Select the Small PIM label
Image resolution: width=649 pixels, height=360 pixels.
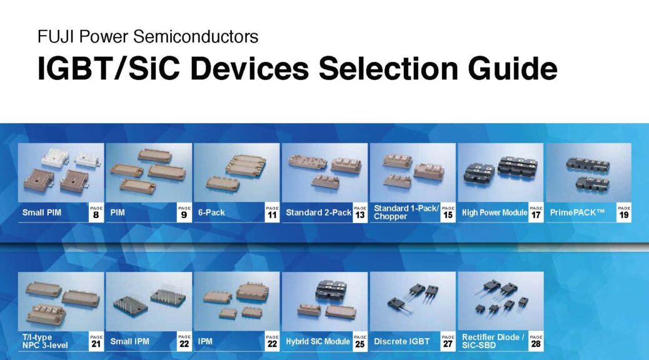pyautogui.click(x=42, y=212)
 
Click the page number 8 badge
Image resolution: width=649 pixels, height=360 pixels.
pyautogui.click(x=96, y=212)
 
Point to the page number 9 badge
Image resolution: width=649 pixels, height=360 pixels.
pyautogui.click(x=184, y=212)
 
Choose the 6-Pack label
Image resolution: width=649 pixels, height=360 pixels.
pyautogui.click(x=211, y=212)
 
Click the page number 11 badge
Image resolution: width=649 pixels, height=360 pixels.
pyautogui.click(x=272, y=212)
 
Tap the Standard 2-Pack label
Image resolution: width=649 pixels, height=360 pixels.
pyautogui.click(x=319, y=212)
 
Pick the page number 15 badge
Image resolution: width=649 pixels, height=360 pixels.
pyautogui.click(x=448, y=212)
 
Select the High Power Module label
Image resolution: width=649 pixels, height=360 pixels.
pyautogui.click(x=495, y=212)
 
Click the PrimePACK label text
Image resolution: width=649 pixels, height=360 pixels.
pyautogui.click(x=577, y=212)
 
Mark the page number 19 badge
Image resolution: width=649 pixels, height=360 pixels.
pyautogui.click(x=624, y=212)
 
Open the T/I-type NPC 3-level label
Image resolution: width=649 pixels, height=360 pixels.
pyautogui.click(x=45, y=341)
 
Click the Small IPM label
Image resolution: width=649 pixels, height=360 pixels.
pyautogui.click(x=129, y=341)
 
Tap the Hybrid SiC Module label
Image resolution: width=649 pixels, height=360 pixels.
pyautogui.click(x=318, y=341)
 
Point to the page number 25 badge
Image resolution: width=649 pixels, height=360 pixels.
pyautogui.click(x=360, y=341)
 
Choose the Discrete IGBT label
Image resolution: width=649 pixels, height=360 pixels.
pyautogui.click(x=401, y=341)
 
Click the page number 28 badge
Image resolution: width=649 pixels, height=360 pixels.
pyautogui.click(x=536, y=341)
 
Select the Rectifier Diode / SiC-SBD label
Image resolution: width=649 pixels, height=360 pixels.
pyautogui.click(x=493, y=341)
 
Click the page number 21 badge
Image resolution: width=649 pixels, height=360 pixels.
pyautogui.click(x=96, y=341)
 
